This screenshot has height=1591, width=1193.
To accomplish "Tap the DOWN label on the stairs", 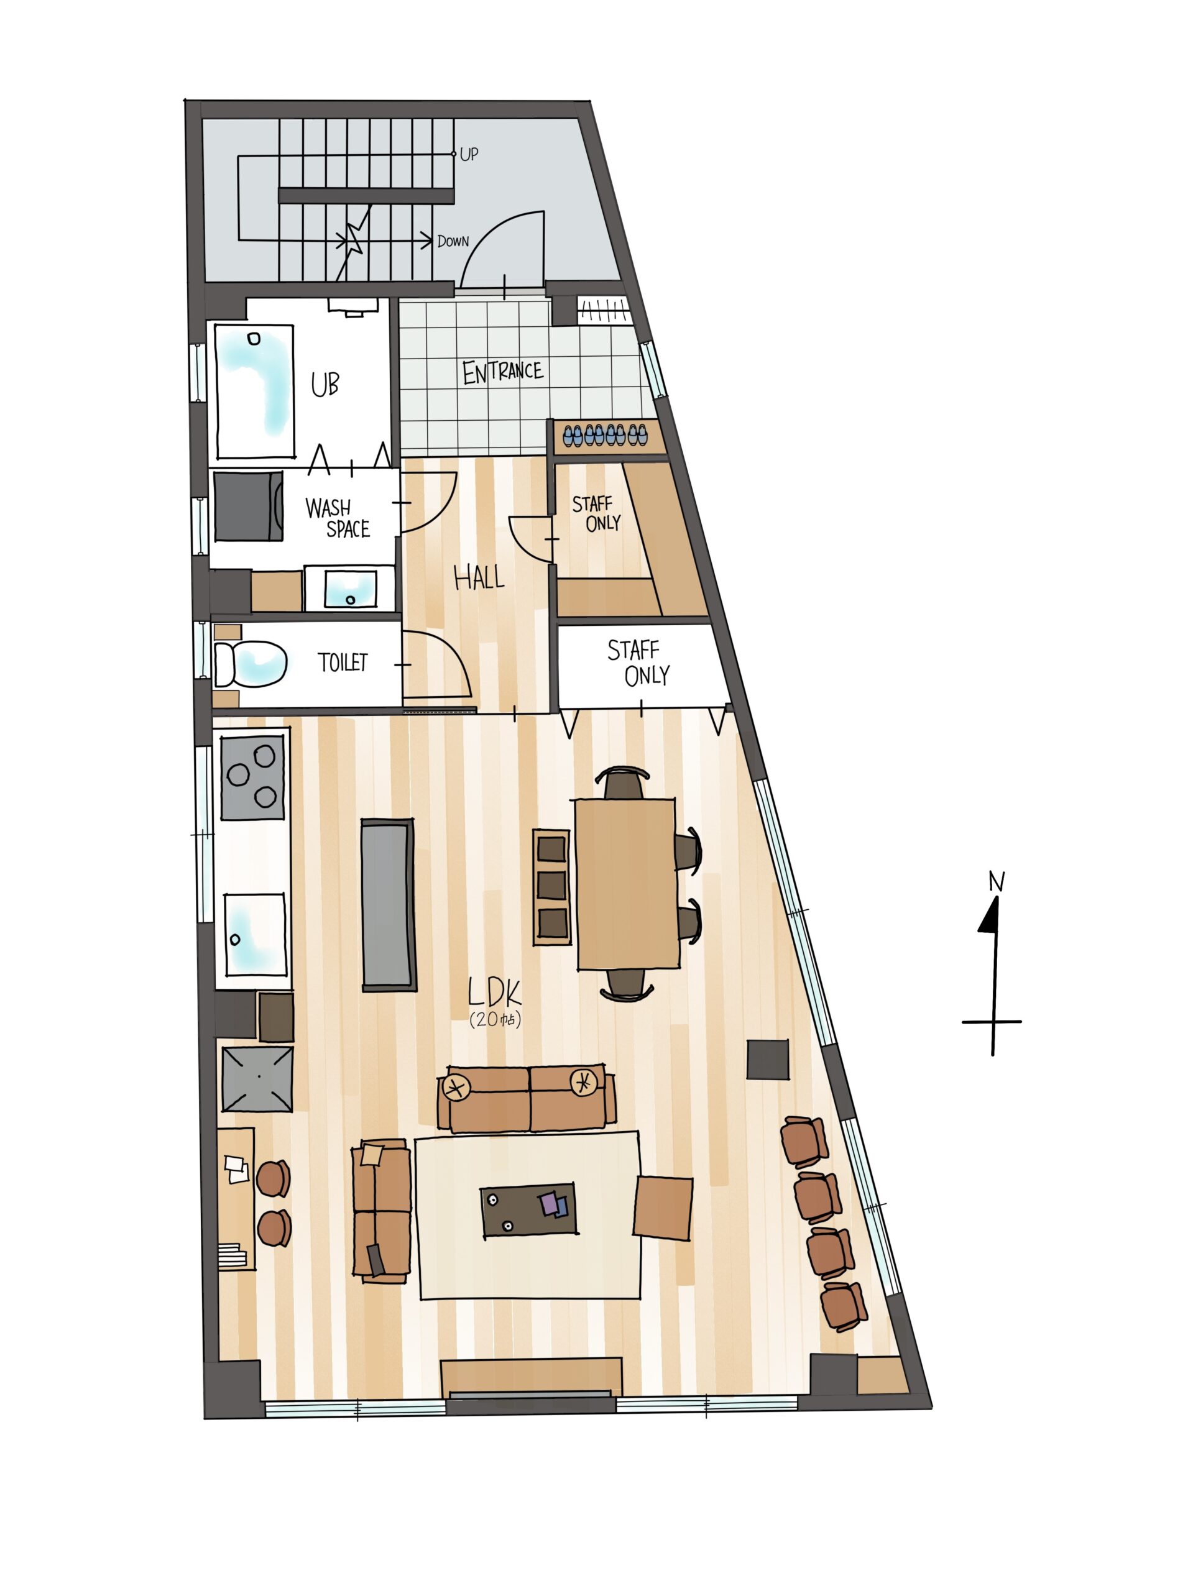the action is coord(453,241).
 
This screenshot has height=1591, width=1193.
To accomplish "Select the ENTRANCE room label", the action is coord(502,372).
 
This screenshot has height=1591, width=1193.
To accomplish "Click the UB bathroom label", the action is coord(325,385).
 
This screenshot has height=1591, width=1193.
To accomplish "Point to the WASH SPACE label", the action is coord(338,518).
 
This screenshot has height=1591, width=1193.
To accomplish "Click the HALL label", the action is coord(479,577).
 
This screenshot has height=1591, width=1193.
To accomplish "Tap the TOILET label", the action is coord(343,663).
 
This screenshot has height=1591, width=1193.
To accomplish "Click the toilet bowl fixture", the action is coord(251,663).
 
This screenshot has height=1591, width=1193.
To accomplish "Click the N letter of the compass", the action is coord(997,881).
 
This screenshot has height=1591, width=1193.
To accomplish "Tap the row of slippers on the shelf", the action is coord(605,435).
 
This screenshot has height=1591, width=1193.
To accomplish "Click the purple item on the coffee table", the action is coord(553,1203).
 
